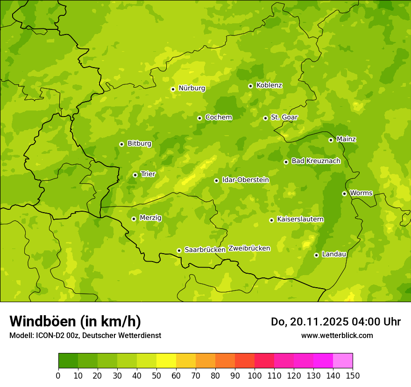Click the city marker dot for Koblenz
250,86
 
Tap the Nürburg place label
191,88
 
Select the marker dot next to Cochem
199,118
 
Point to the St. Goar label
284,117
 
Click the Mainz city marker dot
331,140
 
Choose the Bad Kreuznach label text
316,161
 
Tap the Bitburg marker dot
121,144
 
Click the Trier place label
148,174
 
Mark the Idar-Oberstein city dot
216,180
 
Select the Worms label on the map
361,193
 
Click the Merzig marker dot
134,219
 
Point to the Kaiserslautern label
300,220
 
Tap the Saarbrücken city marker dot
179,250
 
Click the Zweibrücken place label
249,249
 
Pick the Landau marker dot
316,255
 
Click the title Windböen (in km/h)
75,321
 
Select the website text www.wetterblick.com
337,336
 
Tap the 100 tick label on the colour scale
255,375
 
